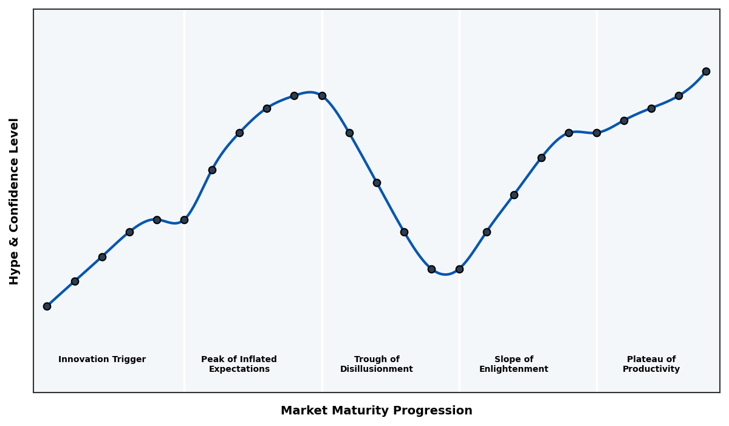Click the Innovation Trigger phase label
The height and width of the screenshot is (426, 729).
(x=102, y=360)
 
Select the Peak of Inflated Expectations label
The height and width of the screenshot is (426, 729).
(x=239, y=364)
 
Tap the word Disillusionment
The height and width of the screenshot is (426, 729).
(x=376, y=369)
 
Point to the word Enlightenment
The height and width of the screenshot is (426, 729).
(x=513, y=369)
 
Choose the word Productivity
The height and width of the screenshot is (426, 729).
(x=651, y=369)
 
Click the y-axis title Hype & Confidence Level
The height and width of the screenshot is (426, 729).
(x=15, y=201)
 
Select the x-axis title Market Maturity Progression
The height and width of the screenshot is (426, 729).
(x=376, y=411)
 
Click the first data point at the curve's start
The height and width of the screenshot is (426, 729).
(x=47, y=306)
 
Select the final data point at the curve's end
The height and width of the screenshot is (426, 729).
(x=706, y=71)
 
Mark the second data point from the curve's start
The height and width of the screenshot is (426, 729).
(x=75, y=281)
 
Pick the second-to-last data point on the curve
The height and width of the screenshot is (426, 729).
(x=679, y=96)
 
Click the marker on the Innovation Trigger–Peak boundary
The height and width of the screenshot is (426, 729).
(x=184, y=220)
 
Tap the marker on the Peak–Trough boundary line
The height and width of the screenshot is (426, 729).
(x=322, y=96)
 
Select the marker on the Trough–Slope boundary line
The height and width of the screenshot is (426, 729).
(x=459, y=269)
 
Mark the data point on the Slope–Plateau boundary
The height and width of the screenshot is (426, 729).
(x=597, y=133)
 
